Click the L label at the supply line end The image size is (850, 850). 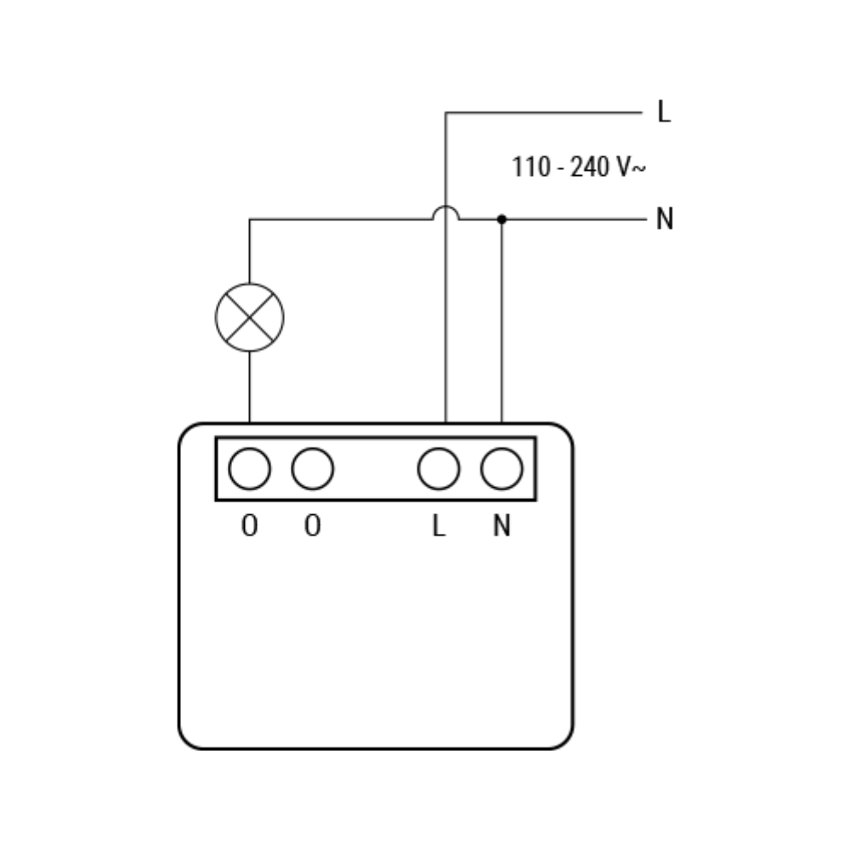click(x=664, y=111)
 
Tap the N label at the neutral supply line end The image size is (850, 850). click(x=665, y=219)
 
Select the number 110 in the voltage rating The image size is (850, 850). click(x=531, y=167)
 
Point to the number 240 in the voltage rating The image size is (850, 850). click(x=590, y=167)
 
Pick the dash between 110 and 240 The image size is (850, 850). click(x=560, y=168)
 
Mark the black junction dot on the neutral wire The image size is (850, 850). click(x=501, y=219)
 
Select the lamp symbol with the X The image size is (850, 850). click(x=249, y=317)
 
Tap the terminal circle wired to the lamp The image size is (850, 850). click(x=249, y=468)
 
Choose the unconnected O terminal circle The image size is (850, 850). click(x=312, y=468)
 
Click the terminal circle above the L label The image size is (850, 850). click(x=439, y=468)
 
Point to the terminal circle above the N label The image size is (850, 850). click(x=501, y=468)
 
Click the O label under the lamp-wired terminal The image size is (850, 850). click(x=249, y=525)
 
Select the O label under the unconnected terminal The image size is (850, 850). click(x=312, y=525)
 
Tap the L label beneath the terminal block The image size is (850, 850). click(x=439, y=525)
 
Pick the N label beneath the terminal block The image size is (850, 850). click(x=501, y=525)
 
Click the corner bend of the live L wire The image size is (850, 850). click(x=445, y=113)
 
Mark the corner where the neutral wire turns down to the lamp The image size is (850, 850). click(x=249, y=219)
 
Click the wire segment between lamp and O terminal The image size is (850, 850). click(x=249, y=387)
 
